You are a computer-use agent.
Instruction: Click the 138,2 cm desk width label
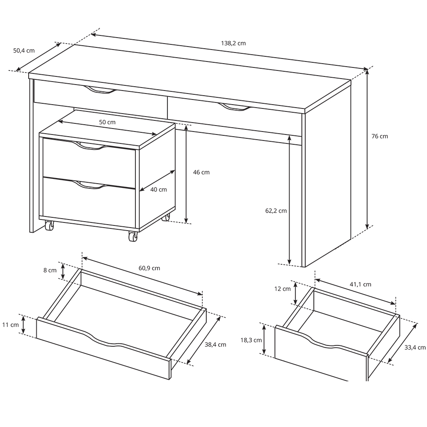(234, 43)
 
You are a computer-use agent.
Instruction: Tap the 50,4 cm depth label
(24, 50)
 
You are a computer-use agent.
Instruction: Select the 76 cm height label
(380, 136)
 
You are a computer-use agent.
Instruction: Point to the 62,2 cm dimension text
(276, 211)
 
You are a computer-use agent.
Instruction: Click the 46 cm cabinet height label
(201, 172)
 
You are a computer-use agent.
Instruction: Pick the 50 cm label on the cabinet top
(107, 122)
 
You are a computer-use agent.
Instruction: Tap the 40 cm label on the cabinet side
(158, 190)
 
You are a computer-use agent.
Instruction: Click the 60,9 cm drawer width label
(149, 268)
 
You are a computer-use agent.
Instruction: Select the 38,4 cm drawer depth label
(215, 345)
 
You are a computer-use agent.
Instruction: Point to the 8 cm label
(50, 270)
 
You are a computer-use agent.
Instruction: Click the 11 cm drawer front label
(10, 325)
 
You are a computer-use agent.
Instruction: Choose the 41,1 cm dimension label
(360, 284)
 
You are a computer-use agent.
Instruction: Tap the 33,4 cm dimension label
(415, 348)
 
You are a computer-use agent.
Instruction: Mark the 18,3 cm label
(251, 340)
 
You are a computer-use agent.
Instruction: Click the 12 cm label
(282, 289)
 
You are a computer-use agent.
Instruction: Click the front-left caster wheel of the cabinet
(50, 225)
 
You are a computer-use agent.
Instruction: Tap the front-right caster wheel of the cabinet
(133, 237)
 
